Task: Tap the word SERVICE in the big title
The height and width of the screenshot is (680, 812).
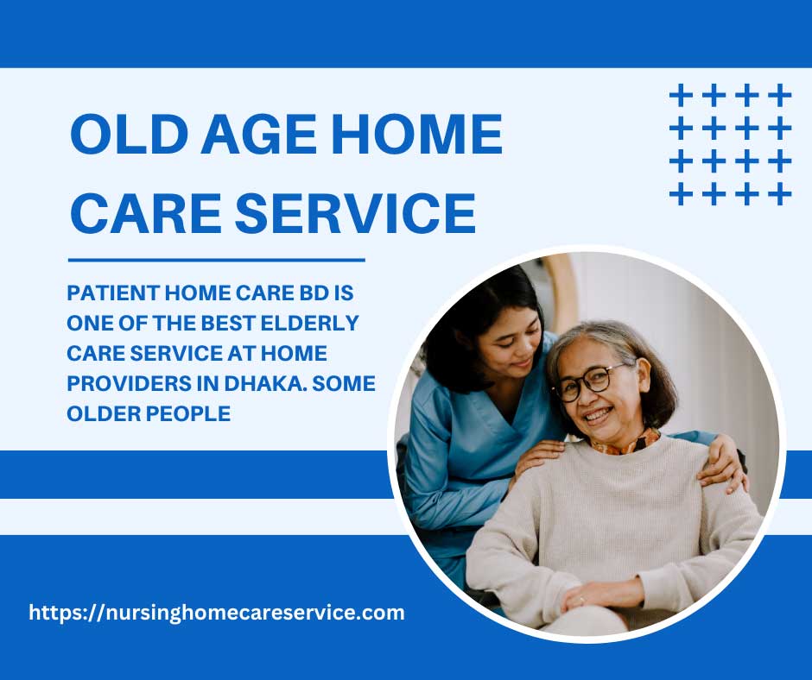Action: [x=355, y=212]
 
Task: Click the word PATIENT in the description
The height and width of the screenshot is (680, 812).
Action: [x=113, y=293]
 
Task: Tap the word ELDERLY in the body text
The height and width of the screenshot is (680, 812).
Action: [x=309, y=323]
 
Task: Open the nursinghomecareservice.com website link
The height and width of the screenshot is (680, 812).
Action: [x=217, y=613]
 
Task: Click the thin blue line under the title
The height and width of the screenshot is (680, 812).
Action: [x=217, y=261]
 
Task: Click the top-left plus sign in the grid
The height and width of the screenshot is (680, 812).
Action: [x=682, y=96]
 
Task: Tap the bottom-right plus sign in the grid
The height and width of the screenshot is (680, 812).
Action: [x=779, y=194]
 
